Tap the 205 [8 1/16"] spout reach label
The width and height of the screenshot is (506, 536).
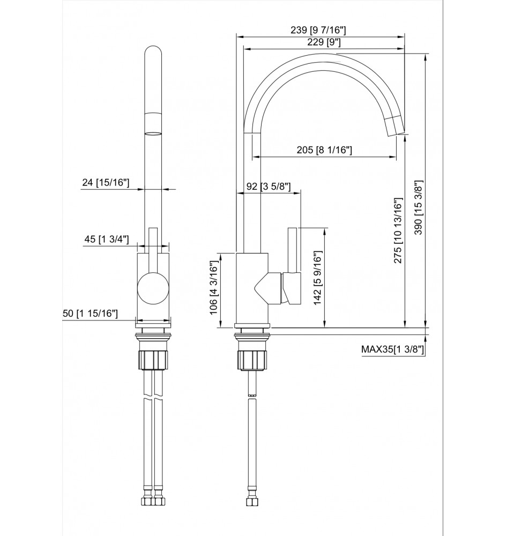(324, 151)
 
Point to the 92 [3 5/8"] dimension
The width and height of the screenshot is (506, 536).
(268, 187)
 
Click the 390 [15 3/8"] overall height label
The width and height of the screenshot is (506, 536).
(420, 208)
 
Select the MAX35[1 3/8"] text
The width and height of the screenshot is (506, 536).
(392, 349)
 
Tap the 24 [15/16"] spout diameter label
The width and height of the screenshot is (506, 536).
(106, 183)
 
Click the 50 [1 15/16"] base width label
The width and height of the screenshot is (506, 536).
(91, 314)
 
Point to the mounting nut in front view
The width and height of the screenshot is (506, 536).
(154, 359)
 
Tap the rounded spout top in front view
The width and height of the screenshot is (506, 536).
(154, 54)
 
